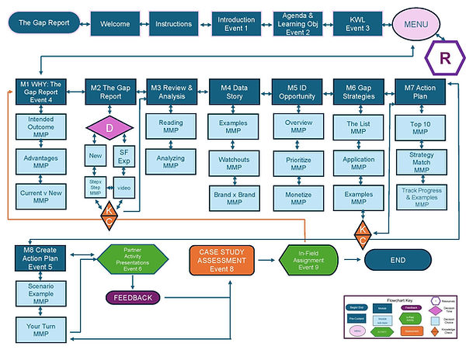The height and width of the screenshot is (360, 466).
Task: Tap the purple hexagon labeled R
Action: (x=443, y=59)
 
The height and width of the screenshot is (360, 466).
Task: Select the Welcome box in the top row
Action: (x=115, y=24)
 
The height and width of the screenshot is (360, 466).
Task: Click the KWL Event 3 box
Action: (x=356, y=24)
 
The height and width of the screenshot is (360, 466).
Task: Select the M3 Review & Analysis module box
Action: (x=172, y=92)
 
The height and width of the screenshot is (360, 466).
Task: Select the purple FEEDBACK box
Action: (x=132, y=297)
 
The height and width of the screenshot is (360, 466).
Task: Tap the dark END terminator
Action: (x=398, y=260)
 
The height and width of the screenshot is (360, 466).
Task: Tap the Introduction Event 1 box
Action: (x=235, y=24)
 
